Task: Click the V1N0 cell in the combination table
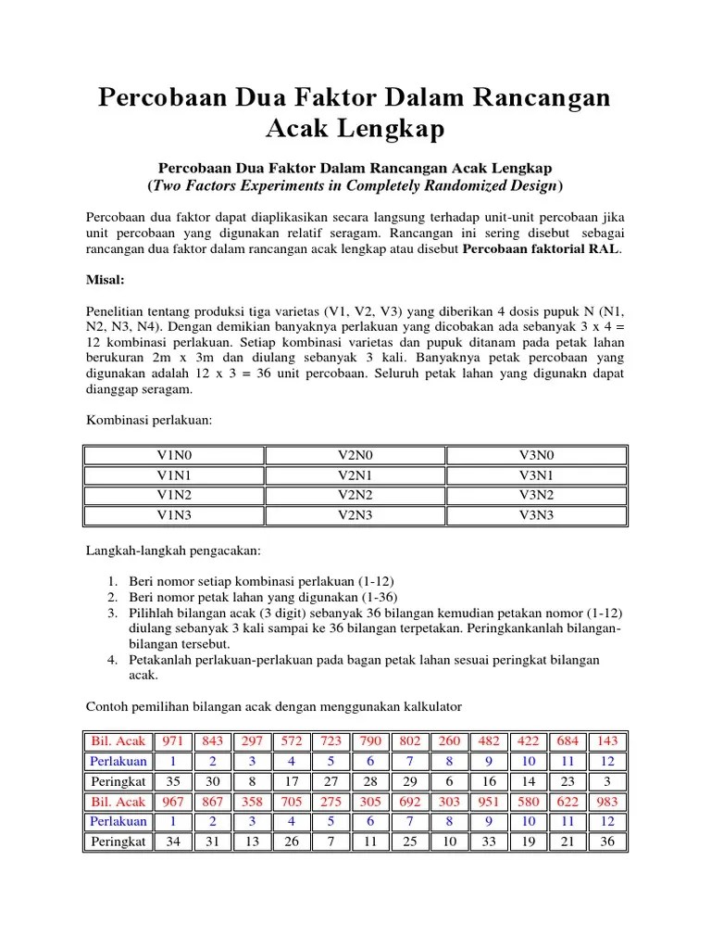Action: point(174,456)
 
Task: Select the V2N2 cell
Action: point(355,494)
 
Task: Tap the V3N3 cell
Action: point(536,514)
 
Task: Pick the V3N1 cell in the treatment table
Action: point(536,474)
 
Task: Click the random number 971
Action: point(172,742)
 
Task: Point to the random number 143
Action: point(607,742)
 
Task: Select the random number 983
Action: point(607,802)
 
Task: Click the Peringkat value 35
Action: point(172,781)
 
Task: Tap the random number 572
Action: point(292,742)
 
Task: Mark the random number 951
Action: point(489,802)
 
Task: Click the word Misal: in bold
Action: point(106,279)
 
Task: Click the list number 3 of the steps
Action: point(110,614)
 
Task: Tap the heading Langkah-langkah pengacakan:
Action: point(174,550)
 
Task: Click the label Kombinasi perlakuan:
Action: point(149,420)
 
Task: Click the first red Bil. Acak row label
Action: point(118,742)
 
